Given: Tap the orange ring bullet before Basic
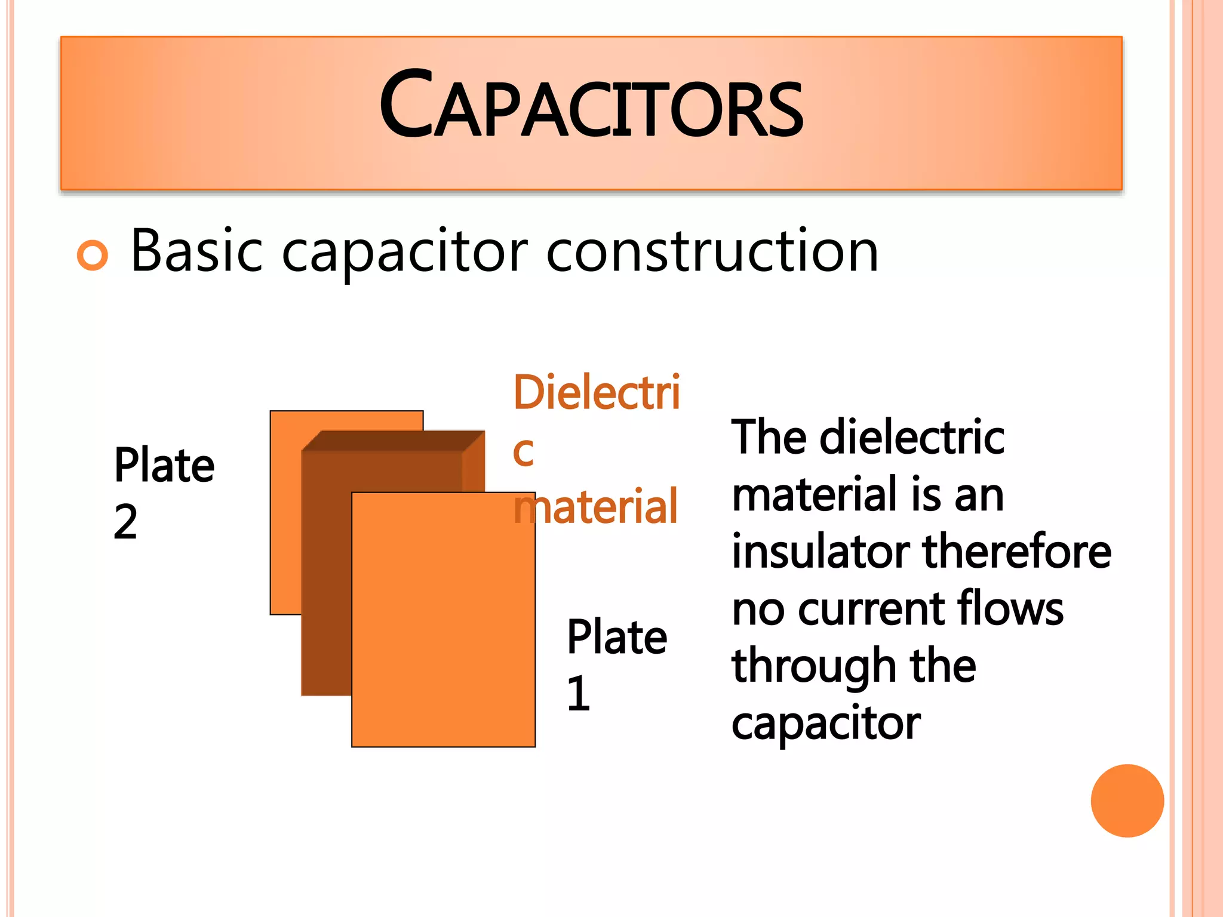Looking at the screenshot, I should (93, 256).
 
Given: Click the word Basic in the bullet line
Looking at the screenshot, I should (196, 251).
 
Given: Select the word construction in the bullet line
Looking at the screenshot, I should (712, 251).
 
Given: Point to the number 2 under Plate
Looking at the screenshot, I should (125, 522).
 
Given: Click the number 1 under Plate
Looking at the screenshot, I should (578, 694).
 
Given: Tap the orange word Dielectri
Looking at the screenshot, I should (597, 393).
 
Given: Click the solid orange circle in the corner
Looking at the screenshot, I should (1127, 801).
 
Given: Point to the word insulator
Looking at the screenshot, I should (821, 551).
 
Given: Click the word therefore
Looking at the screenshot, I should (1017, 551).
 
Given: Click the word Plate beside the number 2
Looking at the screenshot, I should (164, 465).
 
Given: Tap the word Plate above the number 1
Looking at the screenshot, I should (617, 637).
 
